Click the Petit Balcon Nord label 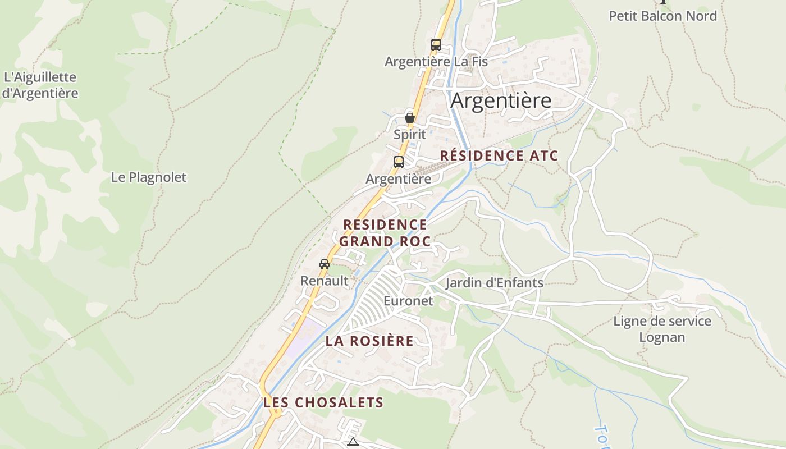point(662,16)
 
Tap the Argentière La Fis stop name point(436,62)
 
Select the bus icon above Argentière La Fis point(436,45)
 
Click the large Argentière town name point(501,101)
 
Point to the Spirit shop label point(409,135)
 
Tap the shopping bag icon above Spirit point(410,118)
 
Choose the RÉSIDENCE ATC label point(499,155)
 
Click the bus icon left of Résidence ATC point(398,162)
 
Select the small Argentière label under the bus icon point(398,179)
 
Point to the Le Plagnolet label point(148,177)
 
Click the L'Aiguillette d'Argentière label point(39,85)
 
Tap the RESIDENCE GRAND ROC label point(385,233)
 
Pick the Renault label point(324,281)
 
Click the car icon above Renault point(324,264)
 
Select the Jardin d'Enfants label point(494,282)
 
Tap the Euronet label point(408,301)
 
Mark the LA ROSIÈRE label point(369,341)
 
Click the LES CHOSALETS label point(323,402)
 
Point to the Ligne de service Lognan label point(662,329)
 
